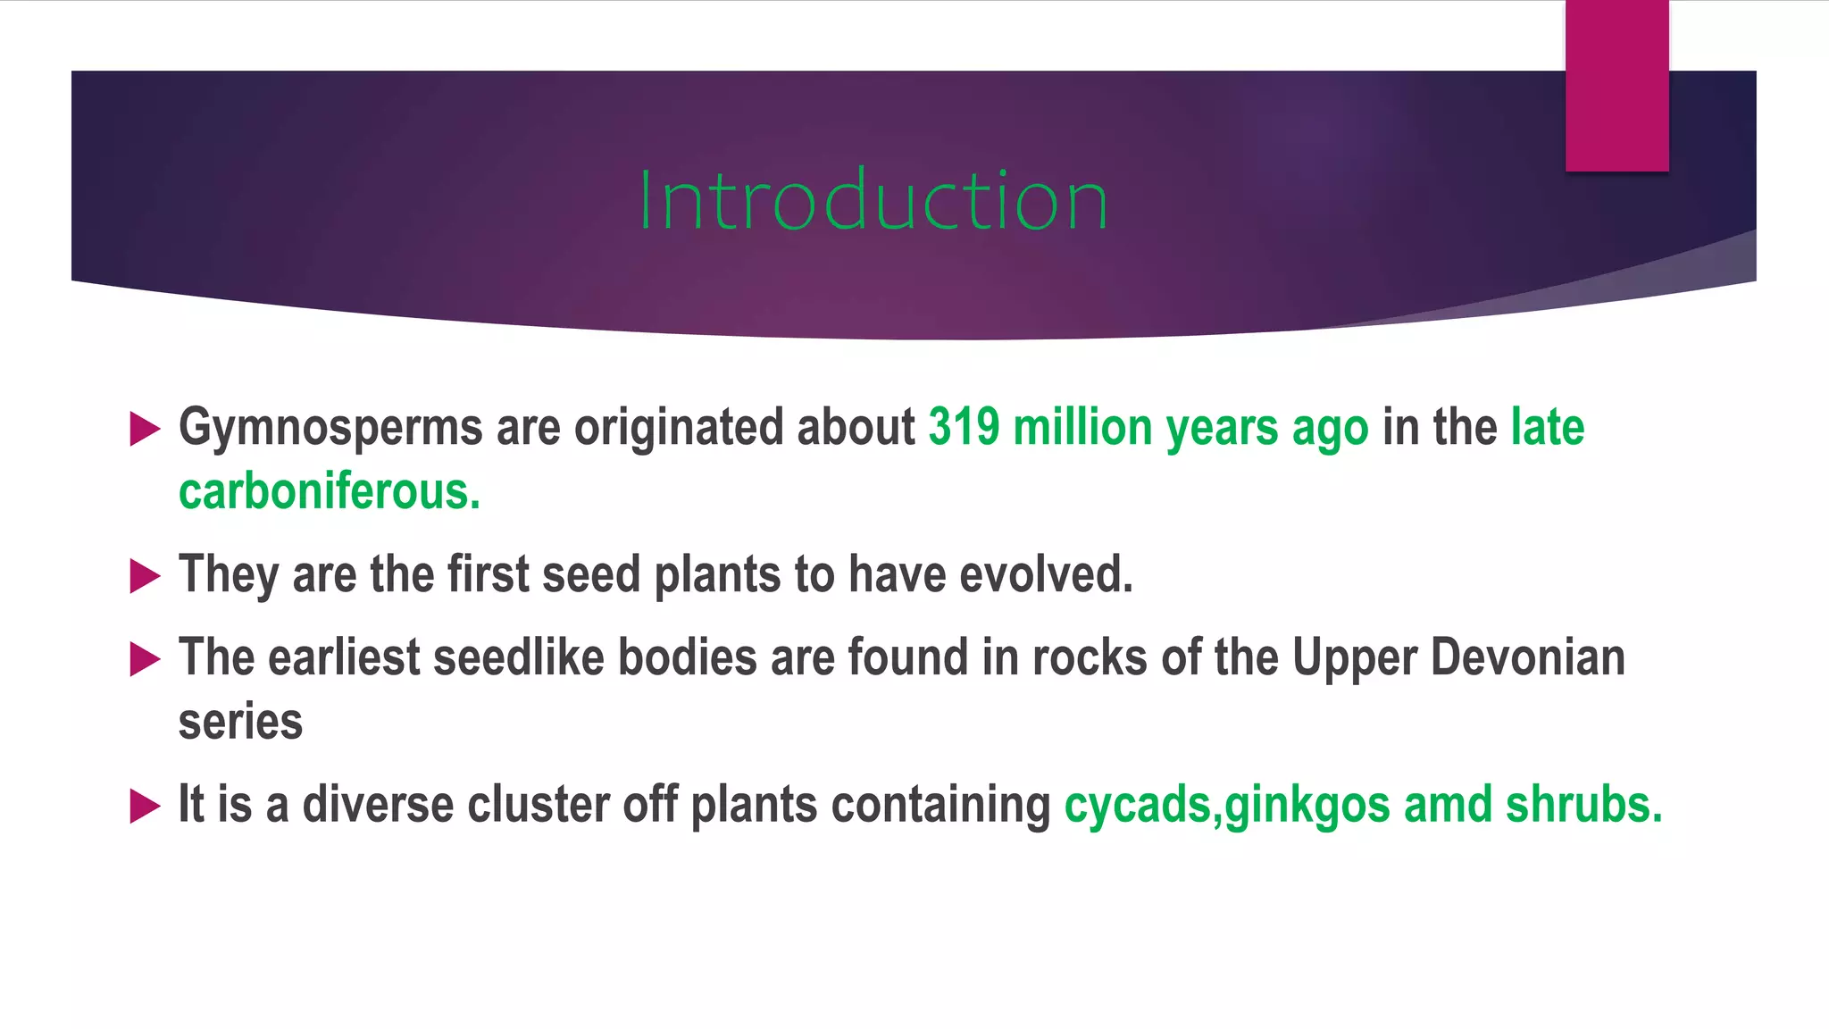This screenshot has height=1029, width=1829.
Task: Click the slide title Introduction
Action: pos(873,200)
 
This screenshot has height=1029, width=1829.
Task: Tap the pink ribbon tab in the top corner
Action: pos(1616,86)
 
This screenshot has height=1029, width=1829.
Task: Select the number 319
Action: pos(964,427)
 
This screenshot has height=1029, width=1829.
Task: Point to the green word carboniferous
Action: pos(329,491)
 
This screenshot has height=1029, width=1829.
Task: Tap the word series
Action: pos(240,722)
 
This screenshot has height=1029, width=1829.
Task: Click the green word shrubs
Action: pos(1583,804)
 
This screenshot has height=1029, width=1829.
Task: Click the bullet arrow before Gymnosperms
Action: pos(145,429)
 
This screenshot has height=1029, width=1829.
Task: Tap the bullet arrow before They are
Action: pos(145,576)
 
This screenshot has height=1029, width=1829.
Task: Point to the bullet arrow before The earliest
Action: pos(145,659)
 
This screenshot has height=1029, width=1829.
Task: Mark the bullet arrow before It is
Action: pos(145,806)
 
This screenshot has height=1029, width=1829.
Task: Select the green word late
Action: pos(1547,427)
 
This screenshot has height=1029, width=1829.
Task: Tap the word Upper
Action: pos(1354,659)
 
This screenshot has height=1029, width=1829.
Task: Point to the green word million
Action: pos(1082,427)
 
